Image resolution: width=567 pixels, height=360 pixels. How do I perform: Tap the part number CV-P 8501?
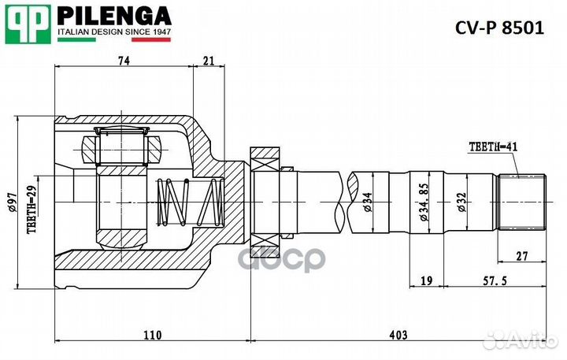pyautogui.click(x=499, y=28)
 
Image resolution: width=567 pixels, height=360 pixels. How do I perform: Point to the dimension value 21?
pyautogui.click(x=208, y=61)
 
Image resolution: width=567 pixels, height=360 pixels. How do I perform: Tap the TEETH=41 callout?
pyautogui.click(x=493, y=146)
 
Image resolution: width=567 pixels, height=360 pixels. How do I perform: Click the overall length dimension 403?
pyautogui.click(x=398, y=336)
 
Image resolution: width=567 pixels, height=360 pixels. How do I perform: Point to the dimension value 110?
pyautogui.click(x=152, y=336)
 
